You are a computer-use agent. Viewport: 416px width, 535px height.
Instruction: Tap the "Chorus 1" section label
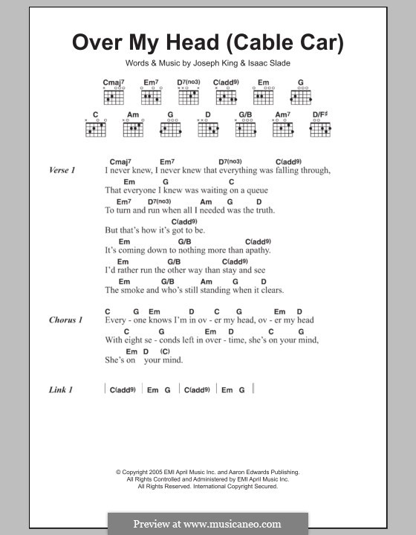65,320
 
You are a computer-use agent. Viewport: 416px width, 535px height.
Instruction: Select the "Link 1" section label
60,389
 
